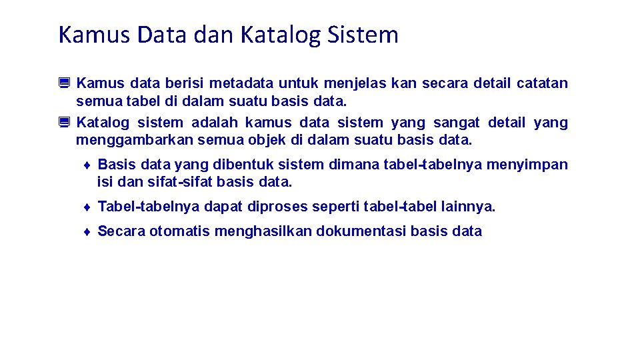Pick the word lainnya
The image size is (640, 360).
click(x=469, y=207)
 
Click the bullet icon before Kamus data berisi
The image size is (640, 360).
click(x=64, y=83)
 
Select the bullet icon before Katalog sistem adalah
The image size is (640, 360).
click(x=64, y=123)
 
